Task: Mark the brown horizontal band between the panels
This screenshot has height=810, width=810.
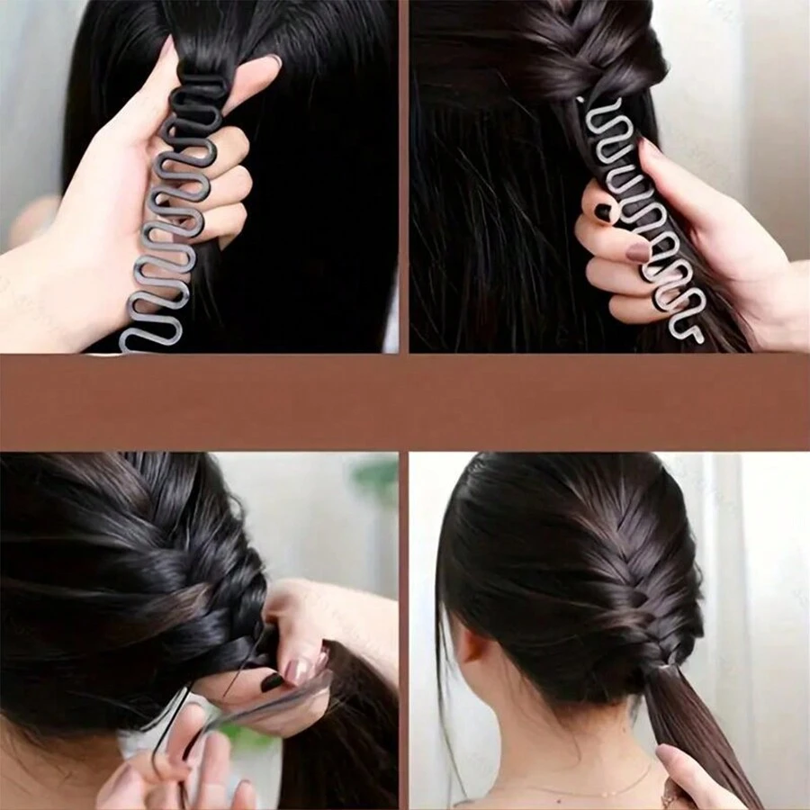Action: pos(405,401)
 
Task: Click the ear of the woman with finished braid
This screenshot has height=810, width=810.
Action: pos(472,650)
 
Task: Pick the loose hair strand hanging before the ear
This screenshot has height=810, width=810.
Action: pos(444,684)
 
